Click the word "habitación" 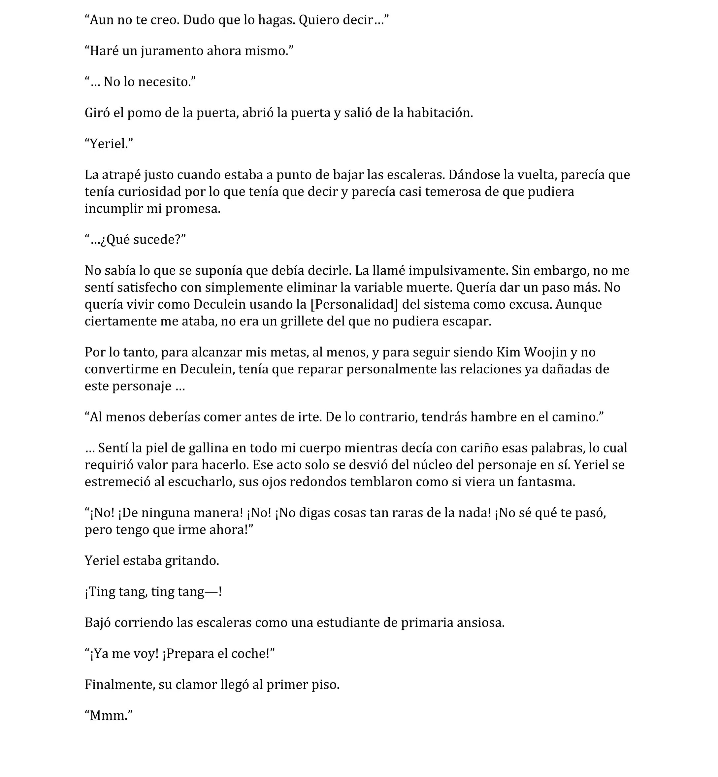pos(440,113)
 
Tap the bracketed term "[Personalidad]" pos(354,304)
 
